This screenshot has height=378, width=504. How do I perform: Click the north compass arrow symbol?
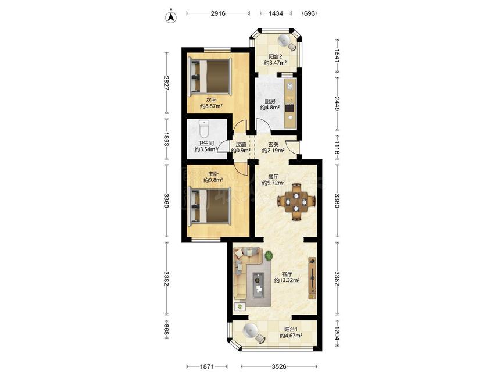(x=171, y=17)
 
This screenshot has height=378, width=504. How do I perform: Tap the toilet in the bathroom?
(x=204, y=128)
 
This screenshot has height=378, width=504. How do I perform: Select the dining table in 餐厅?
(x=296, y=202)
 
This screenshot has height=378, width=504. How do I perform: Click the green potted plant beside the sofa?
(x=269, y=256)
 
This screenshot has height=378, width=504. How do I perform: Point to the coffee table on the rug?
(x=258, y=285)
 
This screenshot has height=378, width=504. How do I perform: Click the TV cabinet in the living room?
(x=312, y=279)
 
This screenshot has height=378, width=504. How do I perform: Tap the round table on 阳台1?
(x=250, y=331)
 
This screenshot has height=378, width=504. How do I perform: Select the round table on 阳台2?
(x=284, y=40)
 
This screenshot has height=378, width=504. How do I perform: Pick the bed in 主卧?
(x=210, y=206)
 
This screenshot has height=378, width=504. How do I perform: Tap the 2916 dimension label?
(x=218, y=13)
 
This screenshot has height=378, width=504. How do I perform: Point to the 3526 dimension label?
(x=278, y=366)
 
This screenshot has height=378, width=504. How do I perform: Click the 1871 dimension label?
(x=207, y=366)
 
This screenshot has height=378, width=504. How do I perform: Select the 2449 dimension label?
(x=337, y=104)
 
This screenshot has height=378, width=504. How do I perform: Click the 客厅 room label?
(x=287, y=274)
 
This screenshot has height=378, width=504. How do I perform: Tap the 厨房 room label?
(x=270, y=101)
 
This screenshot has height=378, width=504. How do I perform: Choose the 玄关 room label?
(x=273, y=144)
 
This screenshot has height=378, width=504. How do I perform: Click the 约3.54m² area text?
(x=206, y=149)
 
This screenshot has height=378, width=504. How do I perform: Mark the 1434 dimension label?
(x=276, y=13)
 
